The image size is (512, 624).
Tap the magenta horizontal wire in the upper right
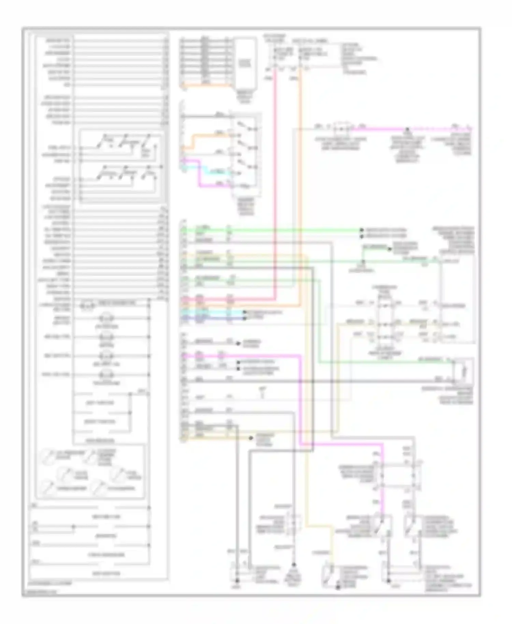[x=379, y=129]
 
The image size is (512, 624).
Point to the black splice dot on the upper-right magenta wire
[x=407, y=129]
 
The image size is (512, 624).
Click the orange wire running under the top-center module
[x=205, y=85]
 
